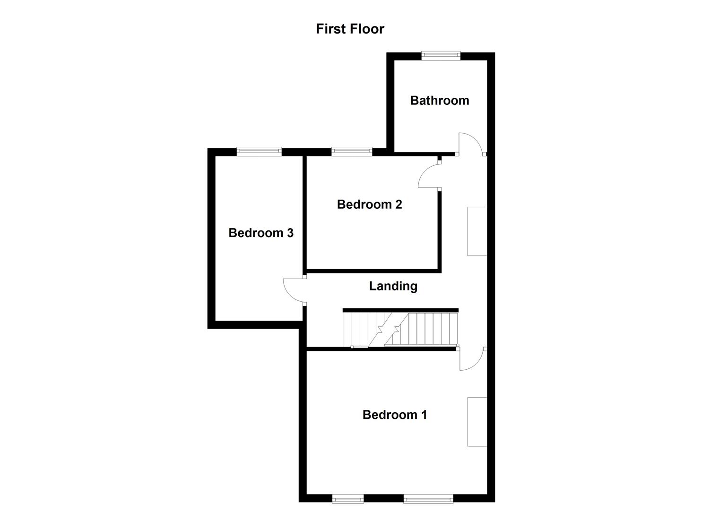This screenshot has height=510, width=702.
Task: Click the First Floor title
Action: [350, 29]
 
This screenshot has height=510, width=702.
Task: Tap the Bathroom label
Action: [439, 100]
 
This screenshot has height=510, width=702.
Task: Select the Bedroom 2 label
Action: [369, 204]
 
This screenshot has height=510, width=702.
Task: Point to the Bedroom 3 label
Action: [261, 233]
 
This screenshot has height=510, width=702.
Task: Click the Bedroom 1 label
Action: [395, 415]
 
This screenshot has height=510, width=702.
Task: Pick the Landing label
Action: [393, 286]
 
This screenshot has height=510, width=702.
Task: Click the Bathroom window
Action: [441, 55]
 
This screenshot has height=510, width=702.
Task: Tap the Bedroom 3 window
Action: [259, 151]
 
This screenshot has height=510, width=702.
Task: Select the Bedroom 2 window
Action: [351, 151]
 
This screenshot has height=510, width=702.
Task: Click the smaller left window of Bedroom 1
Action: [348, 498]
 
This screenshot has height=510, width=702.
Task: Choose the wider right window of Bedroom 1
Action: [428, 498]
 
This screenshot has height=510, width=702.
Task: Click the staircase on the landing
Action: [400, 330]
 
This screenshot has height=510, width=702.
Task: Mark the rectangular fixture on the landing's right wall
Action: [477, 231]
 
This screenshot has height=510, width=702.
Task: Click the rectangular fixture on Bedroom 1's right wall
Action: [477, 421]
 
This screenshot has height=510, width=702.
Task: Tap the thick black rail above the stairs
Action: [400, 310]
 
